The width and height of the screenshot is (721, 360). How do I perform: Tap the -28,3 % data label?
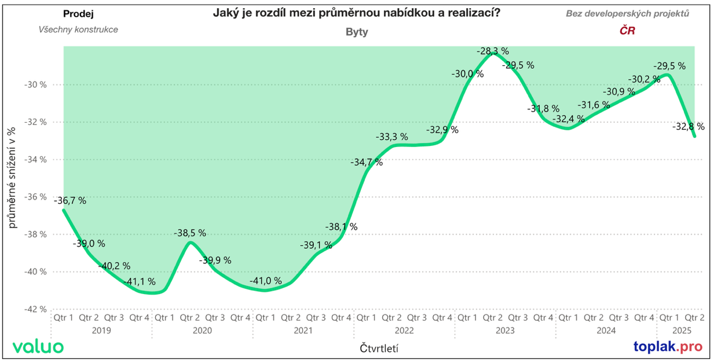pos(493,51)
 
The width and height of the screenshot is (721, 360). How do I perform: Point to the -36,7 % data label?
pos(70,201)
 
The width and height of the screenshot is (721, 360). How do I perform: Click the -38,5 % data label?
pos(190,233)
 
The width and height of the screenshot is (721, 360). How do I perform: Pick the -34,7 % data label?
pos(367,162)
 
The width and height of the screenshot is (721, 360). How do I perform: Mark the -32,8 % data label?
pos(689,126)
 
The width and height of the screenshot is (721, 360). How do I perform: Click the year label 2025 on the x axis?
pos(682,330)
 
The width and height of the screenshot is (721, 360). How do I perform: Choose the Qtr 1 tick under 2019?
pos(64,318)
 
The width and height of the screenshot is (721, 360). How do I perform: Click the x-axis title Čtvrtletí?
pos(379,348)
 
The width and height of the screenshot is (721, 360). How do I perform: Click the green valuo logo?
pos(38,347)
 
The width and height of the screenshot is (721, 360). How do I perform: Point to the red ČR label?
pos(627,31)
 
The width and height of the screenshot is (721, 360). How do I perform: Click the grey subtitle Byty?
pos(357,32)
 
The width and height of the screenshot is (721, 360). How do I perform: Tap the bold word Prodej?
pos(78,13)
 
